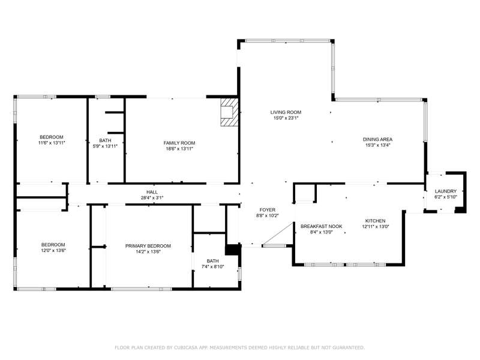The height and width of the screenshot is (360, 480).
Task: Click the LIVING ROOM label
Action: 286,112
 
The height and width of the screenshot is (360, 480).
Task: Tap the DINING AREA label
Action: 377,140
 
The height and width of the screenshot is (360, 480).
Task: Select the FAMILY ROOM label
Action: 179,143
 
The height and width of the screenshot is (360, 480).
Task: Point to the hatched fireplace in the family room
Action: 229,112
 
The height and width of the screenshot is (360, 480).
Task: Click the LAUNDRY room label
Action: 445,191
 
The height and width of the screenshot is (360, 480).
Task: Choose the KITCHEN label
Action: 376,221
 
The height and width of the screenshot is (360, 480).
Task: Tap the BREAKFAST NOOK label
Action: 321,227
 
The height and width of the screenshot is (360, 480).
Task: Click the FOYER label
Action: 267,210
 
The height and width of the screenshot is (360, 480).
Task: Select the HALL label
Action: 152,192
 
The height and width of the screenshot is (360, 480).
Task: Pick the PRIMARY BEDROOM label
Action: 148,246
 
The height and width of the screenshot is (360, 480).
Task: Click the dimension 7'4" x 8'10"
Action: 212,266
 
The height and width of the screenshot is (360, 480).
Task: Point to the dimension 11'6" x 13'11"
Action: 52,143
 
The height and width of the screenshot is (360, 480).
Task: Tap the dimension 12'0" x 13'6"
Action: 53,250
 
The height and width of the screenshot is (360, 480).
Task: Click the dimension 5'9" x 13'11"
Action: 105,146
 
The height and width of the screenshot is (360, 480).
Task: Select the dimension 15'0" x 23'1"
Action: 286,118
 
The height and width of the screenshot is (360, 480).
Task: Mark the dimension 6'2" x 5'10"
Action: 445,197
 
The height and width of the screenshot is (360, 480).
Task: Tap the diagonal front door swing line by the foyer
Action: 278,234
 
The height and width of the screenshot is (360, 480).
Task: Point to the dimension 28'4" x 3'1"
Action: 152,198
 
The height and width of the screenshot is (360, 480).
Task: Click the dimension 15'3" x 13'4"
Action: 377,145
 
